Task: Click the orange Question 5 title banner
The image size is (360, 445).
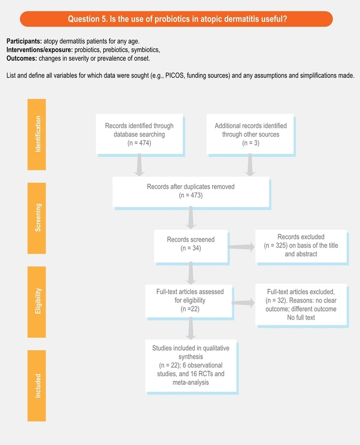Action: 176,19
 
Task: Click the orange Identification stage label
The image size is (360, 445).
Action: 37,134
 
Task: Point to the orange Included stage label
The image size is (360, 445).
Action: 37,385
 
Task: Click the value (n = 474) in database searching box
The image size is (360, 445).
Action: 139,143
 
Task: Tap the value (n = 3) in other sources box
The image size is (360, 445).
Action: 247,143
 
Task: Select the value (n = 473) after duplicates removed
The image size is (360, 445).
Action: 191,195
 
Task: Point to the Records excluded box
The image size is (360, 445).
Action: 301,245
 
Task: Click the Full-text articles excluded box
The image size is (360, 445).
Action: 301,304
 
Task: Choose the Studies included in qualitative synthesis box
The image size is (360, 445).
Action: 191,365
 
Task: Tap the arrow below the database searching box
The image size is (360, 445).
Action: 139,165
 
